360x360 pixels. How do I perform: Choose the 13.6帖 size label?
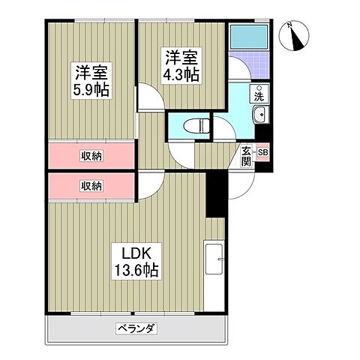[135, 269]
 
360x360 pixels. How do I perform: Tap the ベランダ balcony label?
[136, 328]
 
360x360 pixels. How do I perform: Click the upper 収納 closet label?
[91, 156]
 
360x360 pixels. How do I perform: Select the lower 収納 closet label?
[91, 185]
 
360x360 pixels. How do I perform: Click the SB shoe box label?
[262, 152]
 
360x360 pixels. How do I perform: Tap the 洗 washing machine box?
[258, 95]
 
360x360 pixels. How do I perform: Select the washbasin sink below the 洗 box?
[259, 115]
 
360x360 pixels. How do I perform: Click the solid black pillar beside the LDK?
[216, 193]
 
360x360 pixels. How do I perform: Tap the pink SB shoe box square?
[262, 152]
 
